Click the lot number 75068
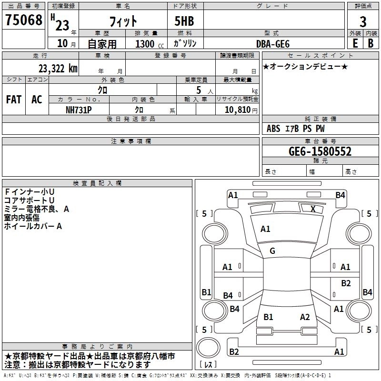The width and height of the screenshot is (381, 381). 23,20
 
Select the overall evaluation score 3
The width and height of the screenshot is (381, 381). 363,21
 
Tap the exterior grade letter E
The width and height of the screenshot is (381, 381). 355,43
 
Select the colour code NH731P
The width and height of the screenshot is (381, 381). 79,110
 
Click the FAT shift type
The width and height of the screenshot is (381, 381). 13,100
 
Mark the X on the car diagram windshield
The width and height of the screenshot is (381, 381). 312,209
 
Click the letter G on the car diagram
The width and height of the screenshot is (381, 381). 272,251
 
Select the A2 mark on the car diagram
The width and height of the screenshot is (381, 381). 305,317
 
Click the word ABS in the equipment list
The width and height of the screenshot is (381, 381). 273,128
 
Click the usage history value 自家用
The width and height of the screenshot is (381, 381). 102,43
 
